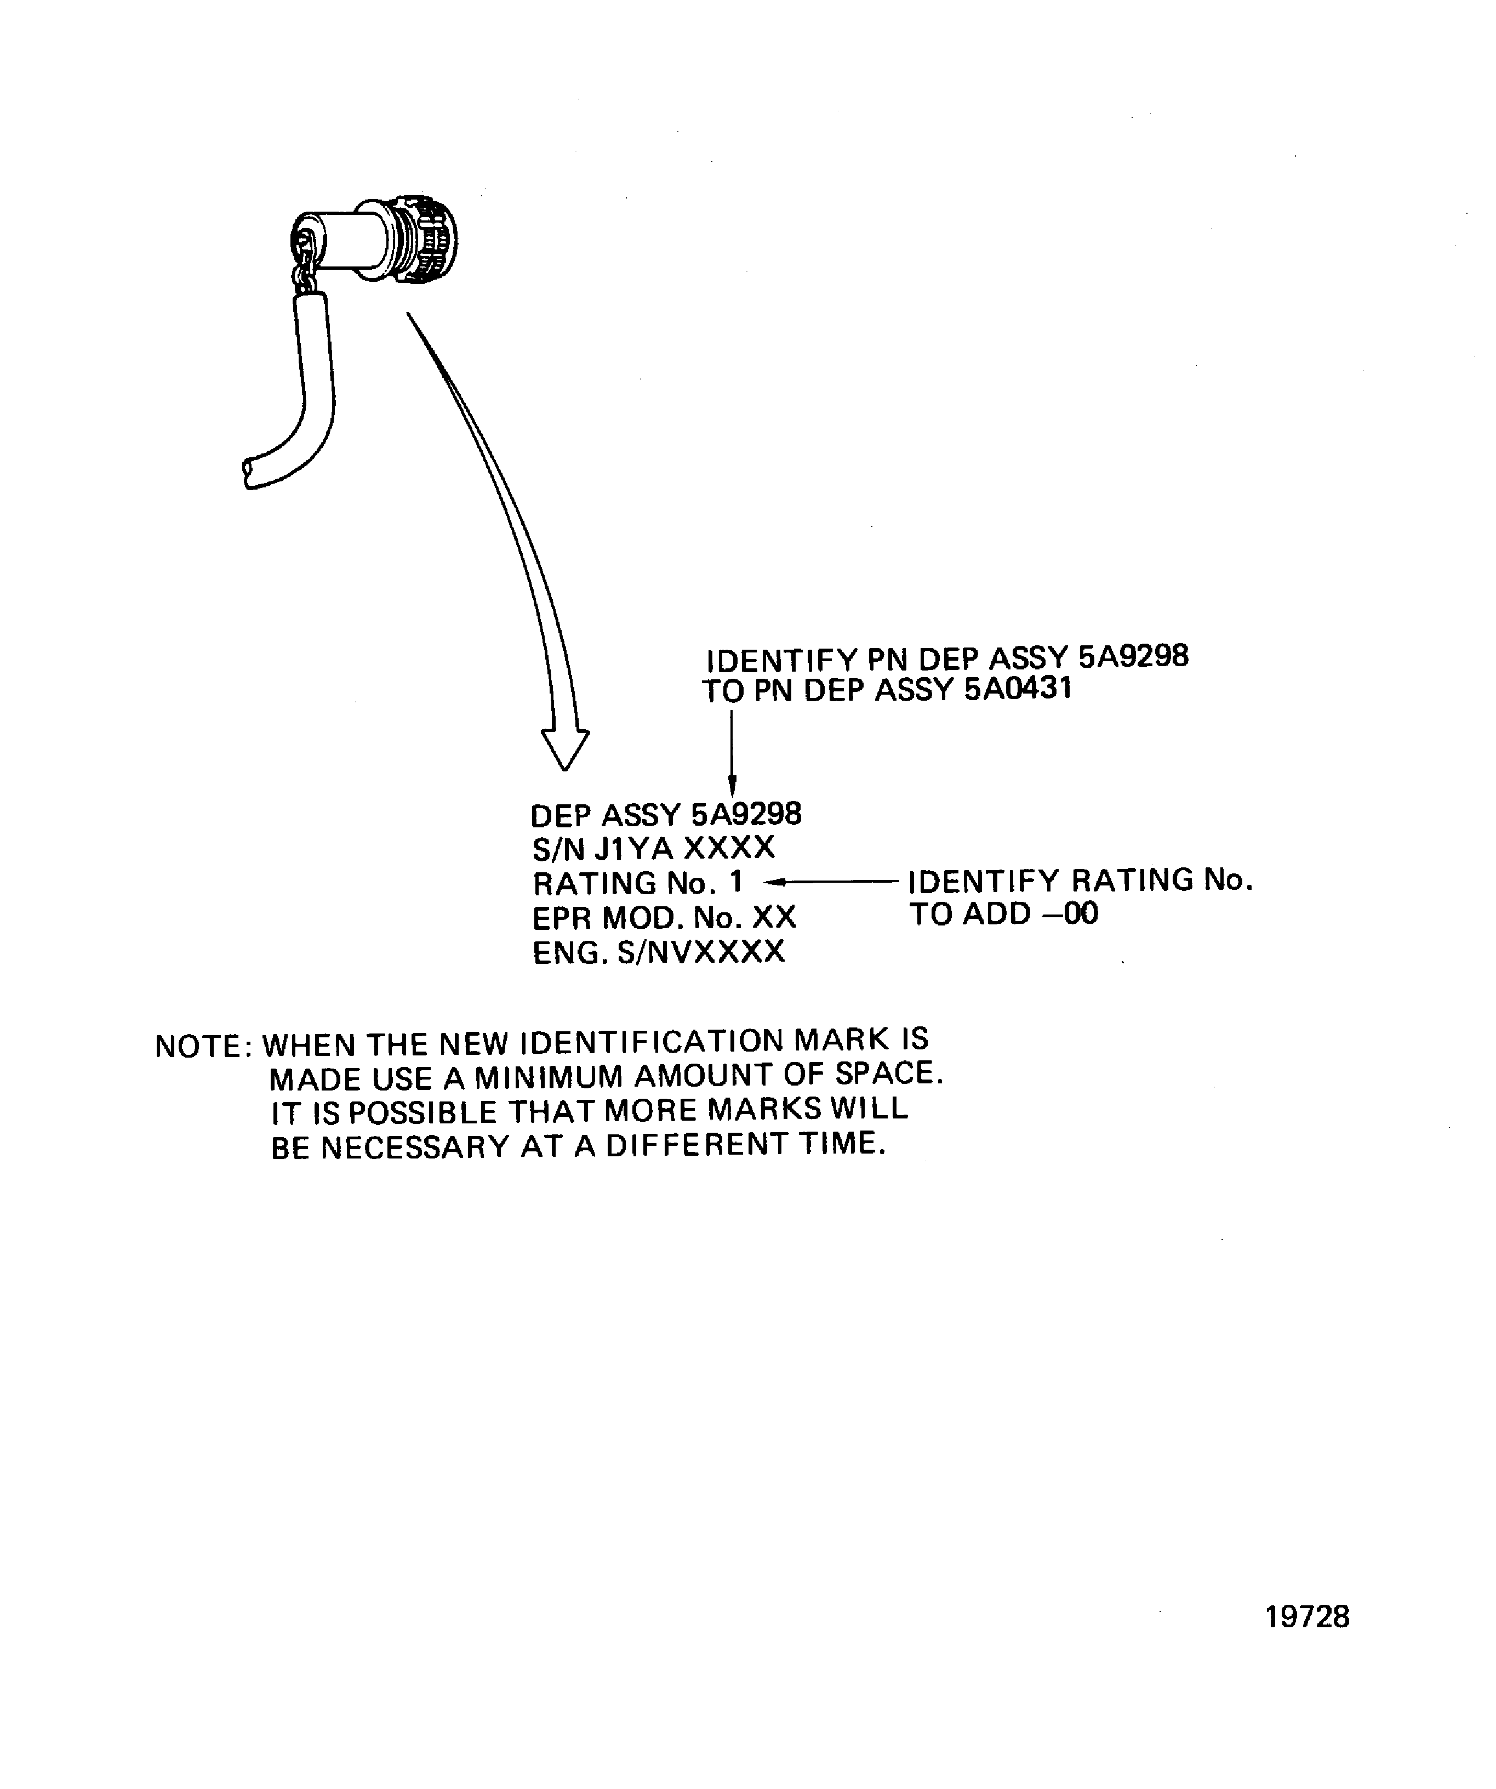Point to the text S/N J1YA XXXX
[654, 849]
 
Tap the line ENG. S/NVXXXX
[658, 952]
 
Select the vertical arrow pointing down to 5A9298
[732, 749]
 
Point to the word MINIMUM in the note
[549, 1078]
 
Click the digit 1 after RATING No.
[735, 881]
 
